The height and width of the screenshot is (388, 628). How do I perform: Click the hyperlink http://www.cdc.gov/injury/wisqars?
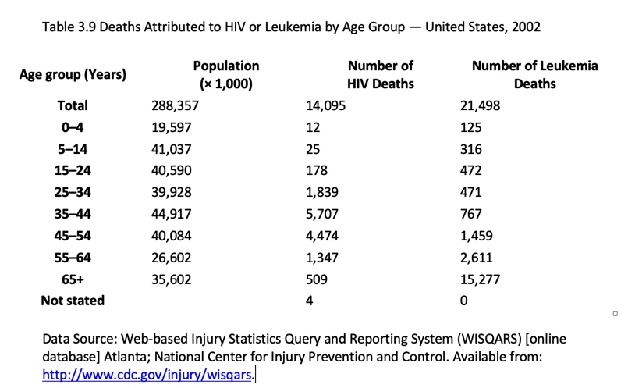point(148,375)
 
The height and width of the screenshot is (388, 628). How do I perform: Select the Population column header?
point(225,75)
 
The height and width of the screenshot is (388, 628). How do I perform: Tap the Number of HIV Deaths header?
point(380,75)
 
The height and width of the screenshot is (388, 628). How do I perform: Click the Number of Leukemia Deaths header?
point(534,75)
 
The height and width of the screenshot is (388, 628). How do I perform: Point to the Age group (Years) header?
point(73,76)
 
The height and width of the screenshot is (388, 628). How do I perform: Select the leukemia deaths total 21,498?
point(481,105)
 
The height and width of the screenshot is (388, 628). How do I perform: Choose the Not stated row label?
point(73,301)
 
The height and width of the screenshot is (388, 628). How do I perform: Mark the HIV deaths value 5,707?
point(323,214)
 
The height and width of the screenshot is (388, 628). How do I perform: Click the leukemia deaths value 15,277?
point(481,279)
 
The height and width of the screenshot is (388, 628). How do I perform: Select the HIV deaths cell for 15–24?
point(317,170)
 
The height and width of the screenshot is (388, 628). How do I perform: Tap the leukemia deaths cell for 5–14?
point(471,149)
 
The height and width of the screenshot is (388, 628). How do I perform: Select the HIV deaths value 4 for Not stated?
point(310,301)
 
